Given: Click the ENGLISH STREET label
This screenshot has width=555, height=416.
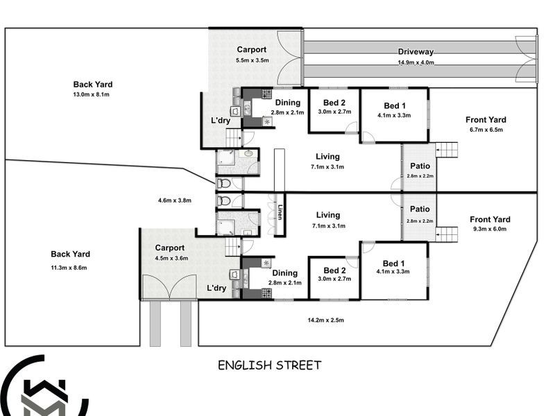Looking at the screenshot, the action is pos(269,365).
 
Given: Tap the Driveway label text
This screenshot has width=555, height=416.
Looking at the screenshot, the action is pos(416,51).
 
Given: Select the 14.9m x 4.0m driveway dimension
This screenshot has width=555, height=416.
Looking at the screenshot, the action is pos(416,62).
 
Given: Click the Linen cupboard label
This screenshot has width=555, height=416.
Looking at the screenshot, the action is pos(280,212).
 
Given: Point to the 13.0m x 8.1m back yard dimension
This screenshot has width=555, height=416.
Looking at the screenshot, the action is pos(92,94).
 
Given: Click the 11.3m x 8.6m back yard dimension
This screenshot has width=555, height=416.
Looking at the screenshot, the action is pos(69,268).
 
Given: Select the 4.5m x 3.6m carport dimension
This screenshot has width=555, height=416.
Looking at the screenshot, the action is pos(171,258).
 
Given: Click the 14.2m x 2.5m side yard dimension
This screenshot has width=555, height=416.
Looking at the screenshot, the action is pos(325,320).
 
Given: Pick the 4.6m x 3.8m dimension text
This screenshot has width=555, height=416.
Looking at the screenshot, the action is pos(175,200).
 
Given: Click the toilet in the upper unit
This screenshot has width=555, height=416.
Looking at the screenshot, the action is pos(223,183).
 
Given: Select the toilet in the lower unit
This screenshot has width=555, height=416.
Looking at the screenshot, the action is pos(223,201).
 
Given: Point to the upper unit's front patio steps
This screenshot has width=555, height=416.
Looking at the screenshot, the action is pos(446,150).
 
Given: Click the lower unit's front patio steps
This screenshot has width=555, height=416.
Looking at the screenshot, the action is pos(446,234).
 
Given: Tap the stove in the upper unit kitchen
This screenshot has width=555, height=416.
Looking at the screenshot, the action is pos(266,94).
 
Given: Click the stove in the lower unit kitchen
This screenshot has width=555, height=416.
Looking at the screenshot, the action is pos(266,293).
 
